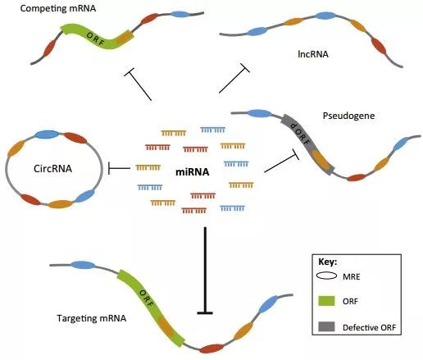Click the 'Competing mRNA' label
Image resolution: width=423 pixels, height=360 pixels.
coord(58,8)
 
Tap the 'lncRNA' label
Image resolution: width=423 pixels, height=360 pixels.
coord(313,54)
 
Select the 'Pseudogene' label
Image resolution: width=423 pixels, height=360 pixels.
coord(348,116)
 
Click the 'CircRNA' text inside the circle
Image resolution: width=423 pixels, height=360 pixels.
coord(52,168)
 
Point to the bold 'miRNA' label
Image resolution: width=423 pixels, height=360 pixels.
coord(193,172)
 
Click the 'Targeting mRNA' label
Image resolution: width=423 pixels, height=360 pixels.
coord(92,318)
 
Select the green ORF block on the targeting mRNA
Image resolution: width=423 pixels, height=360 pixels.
coord(150,308)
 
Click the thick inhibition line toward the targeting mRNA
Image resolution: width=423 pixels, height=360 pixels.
coord(205,271)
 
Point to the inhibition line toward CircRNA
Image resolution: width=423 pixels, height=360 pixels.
coord(120,168)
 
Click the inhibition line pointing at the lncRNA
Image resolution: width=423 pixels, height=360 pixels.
coord(234,79)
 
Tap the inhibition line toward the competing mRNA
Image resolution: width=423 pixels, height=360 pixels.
coord(138,84)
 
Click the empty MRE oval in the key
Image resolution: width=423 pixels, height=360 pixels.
coord(326,276)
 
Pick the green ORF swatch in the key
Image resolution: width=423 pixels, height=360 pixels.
coord(326,301)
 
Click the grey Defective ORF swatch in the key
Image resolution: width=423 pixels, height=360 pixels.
coord(326,326)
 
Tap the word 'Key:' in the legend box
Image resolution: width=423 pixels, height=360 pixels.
coord(328,262)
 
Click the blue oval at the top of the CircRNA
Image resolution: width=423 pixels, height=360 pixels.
coord(48,134)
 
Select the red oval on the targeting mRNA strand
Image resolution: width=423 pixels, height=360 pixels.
coord(211,349)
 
